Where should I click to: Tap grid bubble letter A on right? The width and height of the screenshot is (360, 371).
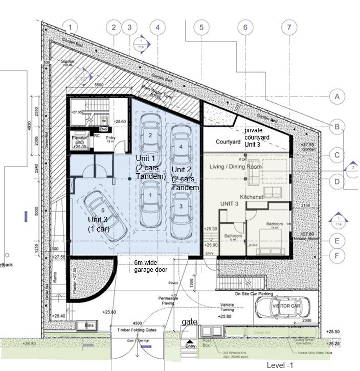point(336,96)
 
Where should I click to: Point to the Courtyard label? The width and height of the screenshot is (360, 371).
point(228,142)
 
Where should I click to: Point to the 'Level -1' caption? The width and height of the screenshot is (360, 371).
point(280,364)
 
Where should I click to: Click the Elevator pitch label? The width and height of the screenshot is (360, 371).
point(78,141)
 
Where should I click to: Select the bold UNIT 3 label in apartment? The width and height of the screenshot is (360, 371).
point(230,204)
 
